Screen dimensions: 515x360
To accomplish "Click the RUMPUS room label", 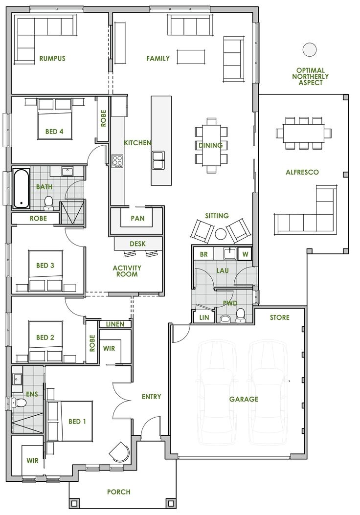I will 52,59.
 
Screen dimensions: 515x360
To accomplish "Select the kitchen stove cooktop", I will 117,161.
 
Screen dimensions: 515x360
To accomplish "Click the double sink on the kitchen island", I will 158,160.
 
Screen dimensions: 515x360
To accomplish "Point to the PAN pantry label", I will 138,219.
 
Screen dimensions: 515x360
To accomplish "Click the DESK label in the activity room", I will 138,244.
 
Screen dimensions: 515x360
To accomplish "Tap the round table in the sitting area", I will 221,234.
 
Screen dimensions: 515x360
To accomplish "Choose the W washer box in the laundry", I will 245,254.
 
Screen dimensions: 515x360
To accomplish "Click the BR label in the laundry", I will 204,254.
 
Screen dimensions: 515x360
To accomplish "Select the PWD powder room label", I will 230,303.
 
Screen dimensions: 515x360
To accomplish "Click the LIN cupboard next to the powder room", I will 203,318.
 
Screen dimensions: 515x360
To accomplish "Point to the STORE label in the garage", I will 279,318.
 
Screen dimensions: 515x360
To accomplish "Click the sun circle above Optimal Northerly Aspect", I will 309,49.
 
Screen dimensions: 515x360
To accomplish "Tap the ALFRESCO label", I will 302,172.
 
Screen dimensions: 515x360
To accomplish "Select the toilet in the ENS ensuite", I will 19,402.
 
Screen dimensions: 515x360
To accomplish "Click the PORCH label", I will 118,492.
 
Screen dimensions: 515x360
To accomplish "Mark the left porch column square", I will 74,503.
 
